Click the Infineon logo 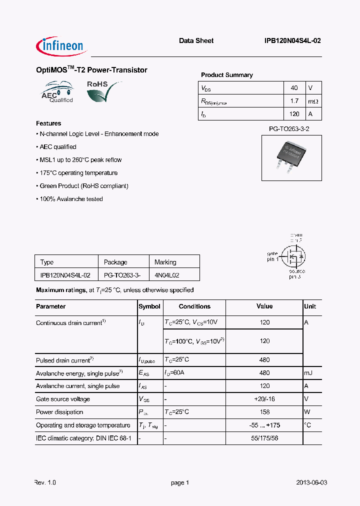(x=62, y=46)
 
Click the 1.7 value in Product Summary (x=294, y=101)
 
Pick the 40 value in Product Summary (x=294, y=88)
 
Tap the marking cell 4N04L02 (x=167, y=275)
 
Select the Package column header (x=115, y=262)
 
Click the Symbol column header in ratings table (x=149, y=306)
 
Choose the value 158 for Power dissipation (x=264, y=412)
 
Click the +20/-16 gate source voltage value (x=264, y=399)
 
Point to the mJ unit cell (x=309, y=373)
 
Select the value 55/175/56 (x=264, y=438)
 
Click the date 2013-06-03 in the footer (x=311, y=482)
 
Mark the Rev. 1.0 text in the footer (x=45, y=482)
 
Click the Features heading (x=48, y=123)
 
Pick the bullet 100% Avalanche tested (x=71, y=199)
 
